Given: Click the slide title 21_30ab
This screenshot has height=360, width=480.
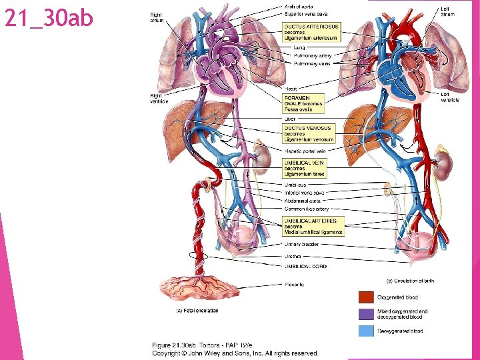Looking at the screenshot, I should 49,19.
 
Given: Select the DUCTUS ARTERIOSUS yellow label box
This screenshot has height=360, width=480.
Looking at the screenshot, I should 311,32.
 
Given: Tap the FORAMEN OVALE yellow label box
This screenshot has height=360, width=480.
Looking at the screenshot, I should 304,103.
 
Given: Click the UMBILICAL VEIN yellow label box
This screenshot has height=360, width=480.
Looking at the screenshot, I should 305,167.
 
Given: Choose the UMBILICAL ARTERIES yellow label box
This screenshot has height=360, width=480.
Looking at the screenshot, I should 313,226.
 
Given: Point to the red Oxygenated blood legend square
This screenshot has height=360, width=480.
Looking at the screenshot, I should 367,297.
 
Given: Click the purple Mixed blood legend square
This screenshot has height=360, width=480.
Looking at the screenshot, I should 367,314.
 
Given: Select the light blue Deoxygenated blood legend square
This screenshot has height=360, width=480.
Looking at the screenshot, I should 367,331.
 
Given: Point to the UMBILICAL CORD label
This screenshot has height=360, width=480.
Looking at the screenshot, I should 305,266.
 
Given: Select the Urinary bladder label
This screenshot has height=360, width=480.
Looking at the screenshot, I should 301,244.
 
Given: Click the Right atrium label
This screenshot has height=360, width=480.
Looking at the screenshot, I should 156,17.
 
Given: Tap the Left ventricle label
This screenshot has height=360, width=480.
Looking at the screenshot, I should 449,97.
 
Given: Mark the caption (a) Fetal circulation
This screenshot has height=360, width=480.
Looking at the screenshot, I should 197,311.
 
